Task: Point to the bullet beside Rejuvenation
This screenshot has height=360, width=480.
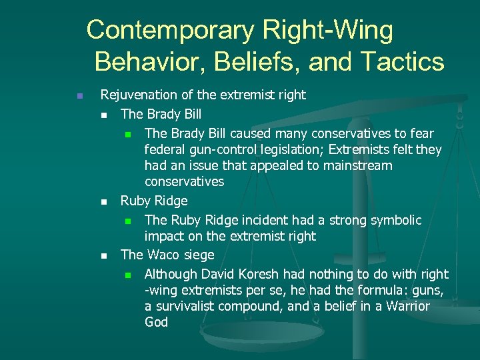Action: click(79, 96)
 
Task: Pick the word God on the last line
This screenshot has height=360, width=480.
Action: click(156, 322)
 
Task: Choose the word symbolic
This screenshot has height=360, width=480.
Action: click(397, 219)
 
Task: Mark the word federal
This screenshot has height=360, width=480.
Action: click(165, 149)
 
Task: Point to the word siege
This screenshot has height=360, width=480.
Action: click(198, 255)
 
